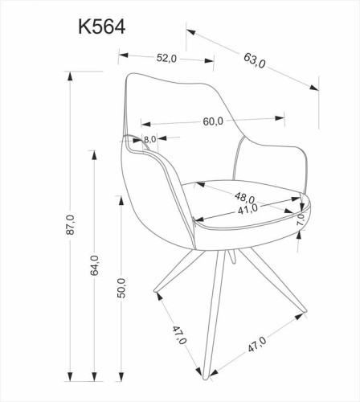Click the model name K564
point(102,27)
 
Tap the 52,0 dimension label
point(166,58)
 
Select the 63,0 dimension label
point(255,60)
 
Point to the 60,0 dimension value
point(213,121)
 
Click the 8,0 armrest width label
point(149,139)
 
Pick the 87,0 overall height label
point(71,224)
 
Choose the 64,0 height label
point(94,265)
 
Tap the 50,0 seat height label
point(121,288)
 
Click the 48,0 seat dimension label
point(244,197)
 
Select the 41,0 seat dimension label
point(247,208)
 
